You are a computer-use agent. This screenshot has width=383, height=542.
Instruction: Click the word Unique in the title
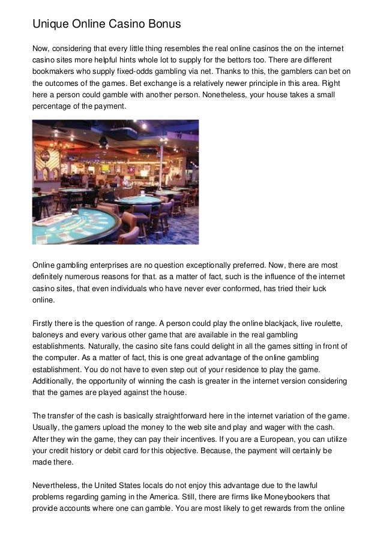click(50, 25)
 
